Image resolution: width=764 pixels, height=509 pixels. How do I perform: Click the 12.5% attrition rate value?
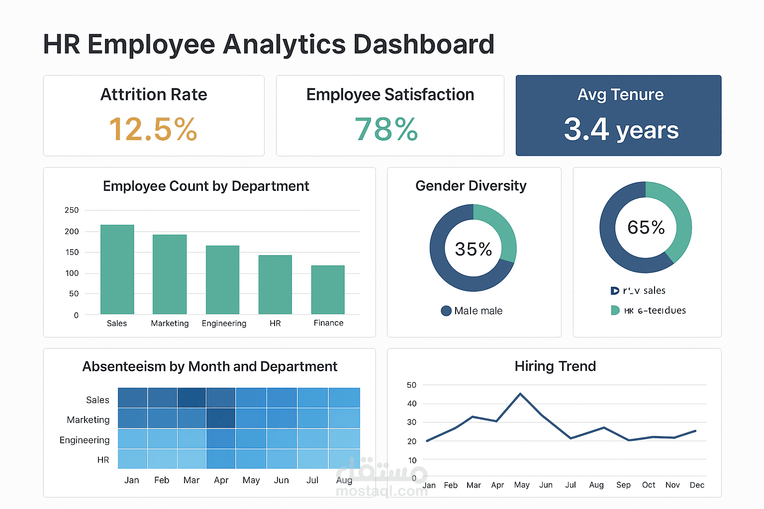(153, 129)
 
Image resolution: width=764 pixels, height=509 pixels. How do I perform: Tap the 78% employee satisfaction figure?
(386, 129)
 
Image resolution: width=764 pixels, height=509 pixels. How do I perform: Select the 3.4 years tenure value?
(621, 129)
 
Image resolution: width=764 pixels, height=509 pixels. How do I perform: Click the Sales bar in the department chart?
(117, 269)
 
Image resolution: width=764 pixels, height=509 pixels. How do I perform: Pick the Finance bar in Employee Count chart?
(328, 290)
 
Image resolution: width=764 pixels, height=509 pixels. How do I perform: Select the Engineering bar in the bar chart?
(222, 280)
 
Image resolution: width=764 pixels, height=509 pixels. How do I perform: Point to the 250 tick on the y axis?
(72, 210)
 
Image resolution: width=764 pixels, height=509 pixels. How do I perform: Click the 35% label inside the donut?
(473, 249)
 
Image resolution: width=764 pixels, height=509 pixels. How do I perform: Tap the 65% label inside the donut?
(646, 228)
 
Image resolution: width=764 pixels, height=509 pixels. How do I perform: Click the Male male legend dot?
(446, 311)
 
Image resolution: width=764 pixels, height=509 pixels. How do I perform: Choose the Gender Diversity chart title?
(471, 186)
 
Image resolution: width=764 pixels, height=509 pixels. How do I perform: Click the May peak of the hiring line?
(520, 394)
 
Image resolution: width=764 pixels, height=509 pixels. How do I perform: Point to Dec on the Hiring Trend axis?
(697, 485)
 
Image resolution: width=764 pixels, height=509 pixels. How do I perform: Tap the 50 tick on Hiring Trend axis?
(411, 385)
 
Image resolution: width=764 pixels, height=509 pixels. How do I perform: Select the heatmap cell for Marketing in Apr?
(221, 419)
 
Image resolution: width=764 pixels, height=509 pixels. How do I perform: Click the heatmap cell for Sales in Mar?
(191, 398)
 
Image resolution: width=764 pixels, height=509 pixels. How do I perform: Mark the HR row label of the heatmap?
(103, 460)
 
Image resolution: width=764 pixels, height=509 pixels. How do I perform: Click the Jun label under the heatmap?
(281, 480)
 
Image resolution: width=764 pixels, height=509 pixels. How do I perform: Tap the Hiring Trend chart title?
(555, 366)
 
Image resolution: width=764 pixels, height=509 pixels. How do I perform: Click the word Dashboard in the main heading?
(424, 44)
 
